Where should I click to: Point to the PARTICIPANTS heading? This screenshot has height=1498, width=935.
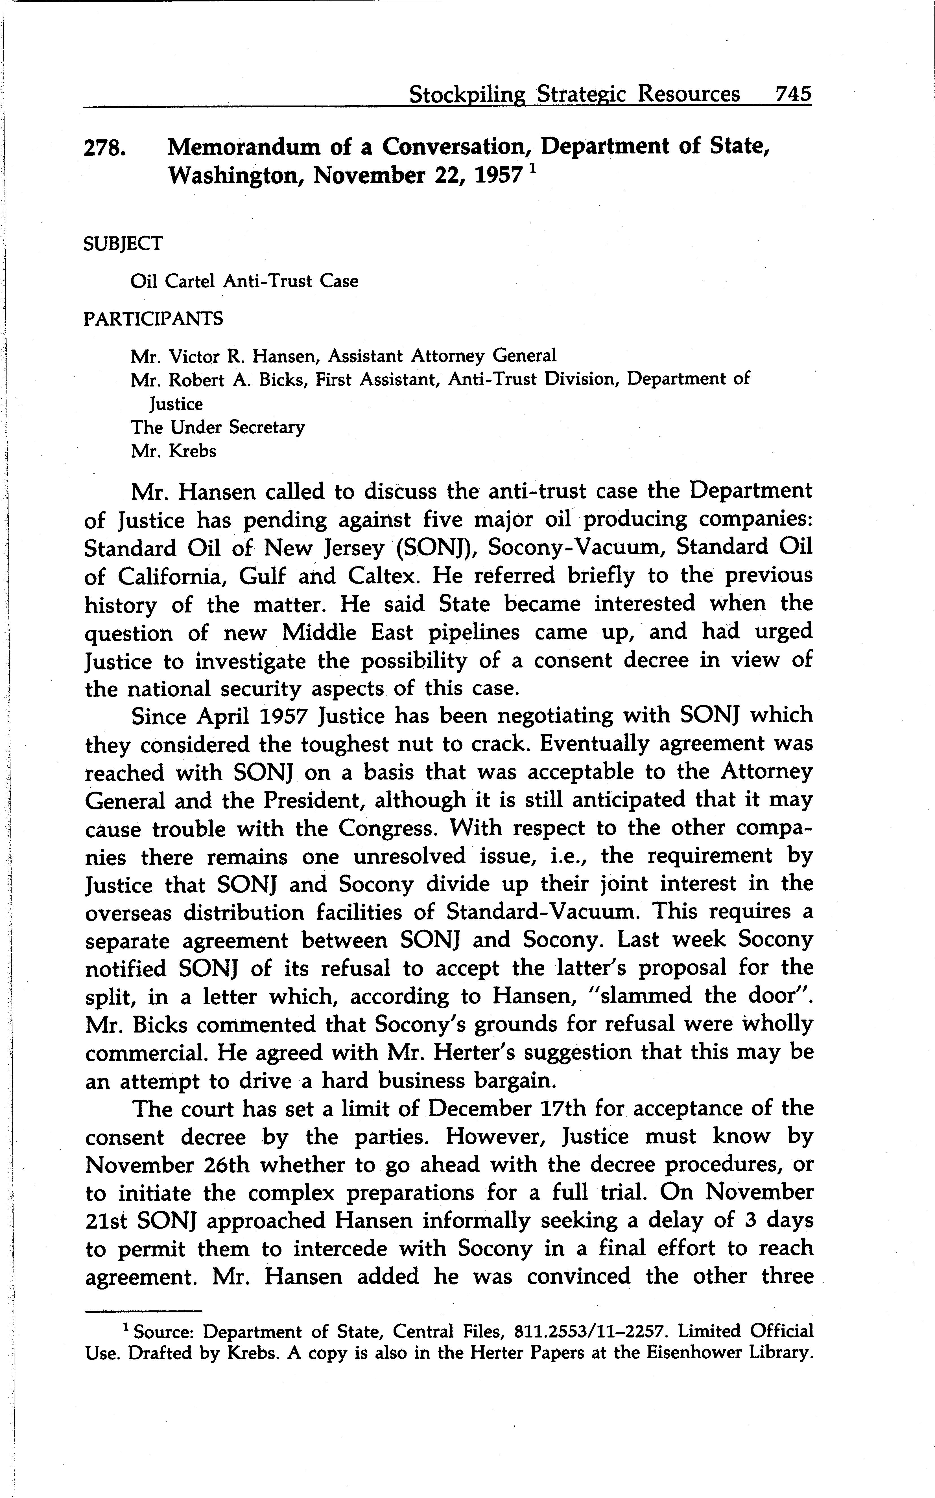pyautogui.click(x=153, y=319)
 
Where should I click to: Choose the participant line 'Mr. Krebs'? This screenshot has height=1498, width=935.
pyautogui.click(x=173, y=451)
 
